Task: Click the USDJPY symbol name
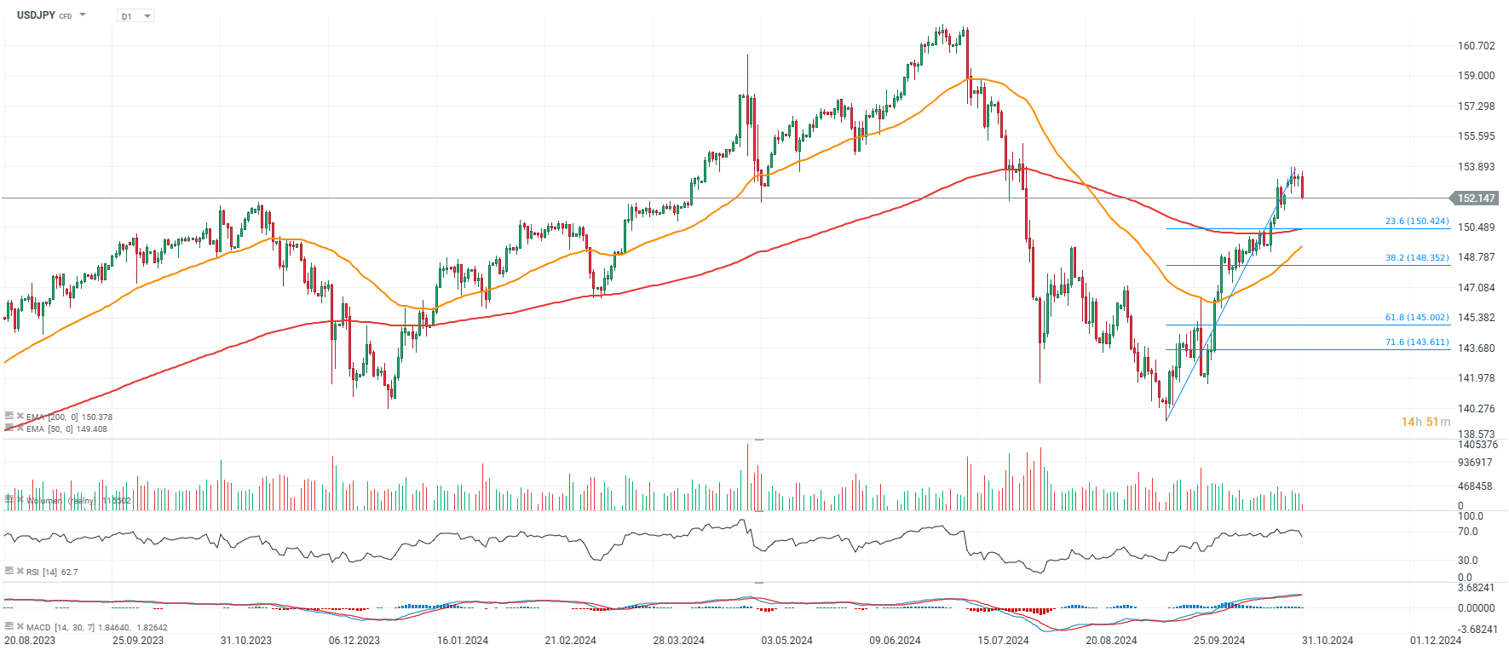pyautogui.click(x=36, y=15)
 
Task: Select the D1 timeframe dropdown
pyautogui.click(x=135, y=16)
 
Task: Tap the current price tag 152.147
pyautogui.click(x=1476, y=199)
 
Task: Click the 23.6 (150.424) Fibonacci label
pyautogui.click(x=1416, y=222)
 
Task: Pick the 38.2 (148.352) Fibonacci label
pyautogui.click(x=1416, y=257)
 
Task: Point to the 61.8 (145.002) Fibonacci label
pyautogui.click(x=1416, y=318)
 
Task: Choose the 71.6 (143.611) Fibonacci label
pyautogui.click(x=1416, y=342)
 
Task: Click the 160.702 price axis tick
pyautogui.click(x=1476, y=46)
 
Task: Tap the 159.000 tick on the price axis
pyautogui.click(x=1476, y=76)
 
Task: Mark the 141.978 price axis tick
pyautogui.click(x=1476, y=378)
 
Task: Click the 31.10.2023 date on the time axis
pyautogui.click(x=246, y=641)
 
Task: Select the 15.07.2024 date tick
pyautogui.click(x=1003, y=641)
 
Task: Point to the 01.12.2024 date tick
pyautogui.click(x=1435, y=641)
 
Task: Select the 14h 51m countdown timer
pyautogui.click(x=1425, y=423)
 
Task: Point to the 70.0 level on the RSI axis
pyautogui.click(x=1467, y=532)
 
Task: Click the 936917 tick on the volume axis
pyautogui.click(x=1475, y=463)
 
